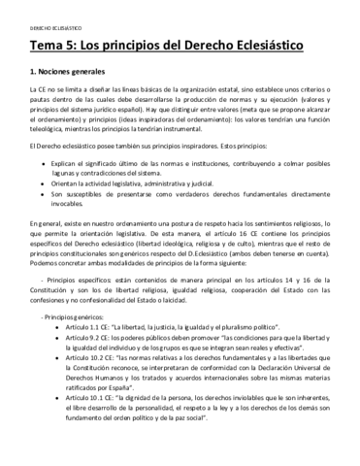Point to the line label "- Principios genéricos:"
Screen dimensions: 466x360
[64, 345]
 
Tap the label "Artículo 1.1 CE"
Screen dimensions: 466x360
[80, 356]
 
